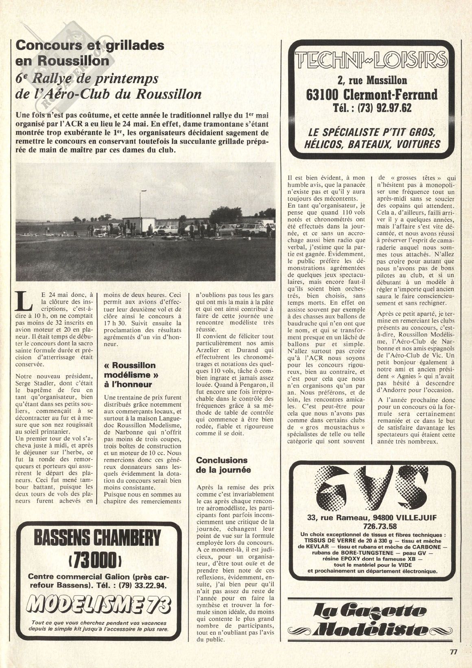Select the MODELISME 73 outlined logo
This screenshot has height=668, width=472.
[97, 603]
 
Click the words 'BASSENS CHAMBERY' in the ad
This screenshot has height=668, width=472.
[97, 539]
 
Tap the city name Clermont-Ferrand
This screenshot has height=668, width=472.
[372, 94]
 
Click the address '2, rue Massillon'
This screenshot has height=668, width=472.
[372, 81]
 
